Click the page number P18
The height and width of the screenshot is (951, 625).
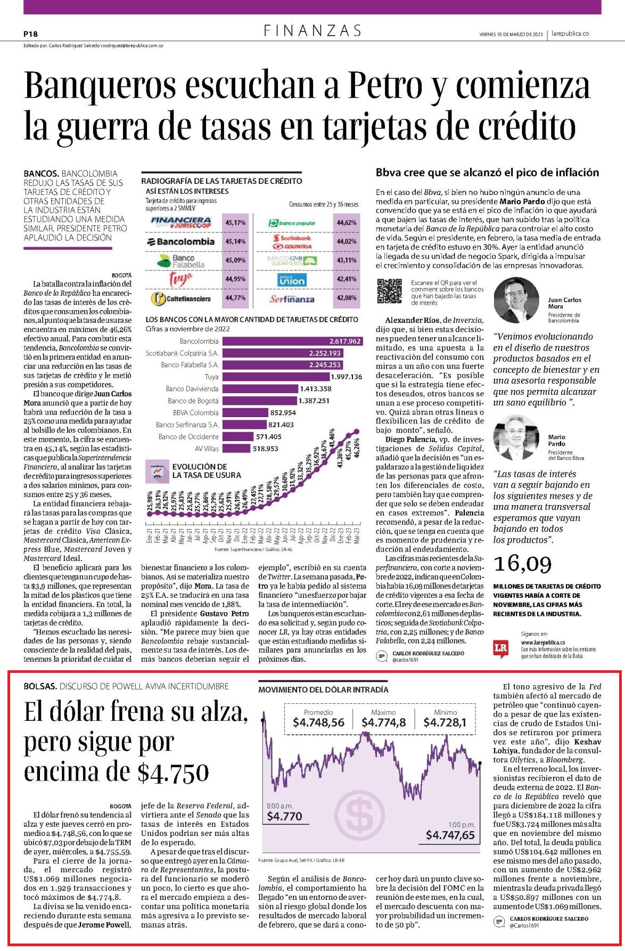click(x=30, y=34)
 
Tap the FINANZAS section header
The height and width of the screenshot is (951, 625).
click(x=312, y=31)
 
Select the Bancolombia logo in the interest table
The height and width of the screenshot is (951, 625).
click(x=181, y=241)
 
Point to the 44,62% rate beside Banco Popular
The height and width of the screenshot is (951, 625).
click(x=346, y=223)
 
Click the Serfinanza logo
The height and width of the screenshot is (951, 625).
click(x=292, y=299)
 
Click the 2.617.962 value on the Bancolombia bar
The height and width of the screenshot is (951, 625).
click(x=345, y=341)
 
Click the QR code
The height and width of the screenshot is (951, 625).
click(x=390, y=292)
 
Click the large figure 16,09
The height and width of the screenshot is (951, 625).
click(x=523, y=564)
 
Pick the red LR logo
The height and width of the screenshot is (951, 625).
click(x=501, y=648)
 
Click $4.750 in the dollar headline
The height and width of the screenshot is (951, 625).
click(x=173, y=772)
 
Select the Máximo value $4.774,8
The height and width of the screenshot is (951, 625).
click(x=383, y=722)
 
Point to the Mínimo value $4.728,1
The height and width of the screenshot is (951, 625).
click(x=445, y=722)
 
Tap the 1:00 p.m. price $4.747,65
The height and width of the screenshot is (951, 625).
click(x=450, y=835)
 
